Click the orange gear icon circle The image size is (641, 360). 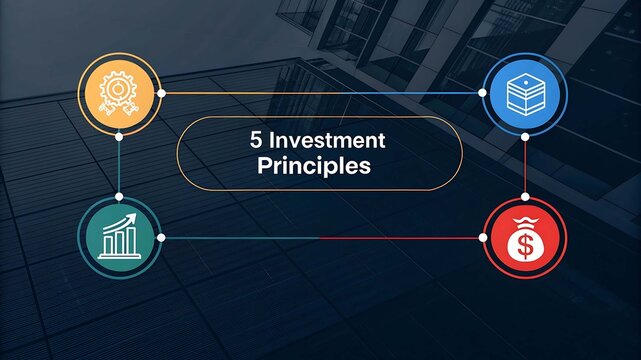click(119, 93)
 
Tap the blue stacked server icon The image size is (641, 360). click(524, 93)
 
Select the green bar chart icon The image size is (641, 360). click(119, 237)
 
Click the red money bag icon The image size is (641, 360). click(524, 238)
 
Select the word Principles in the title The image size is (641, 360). click(314, 165)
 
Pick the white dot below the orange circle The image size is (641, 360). click(119, 135)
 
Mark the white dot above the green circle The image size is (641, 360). click(119, 196)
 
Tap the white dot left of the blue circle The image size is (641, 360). click(482, 93)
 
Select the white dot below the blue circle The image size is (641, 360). click(524, 135)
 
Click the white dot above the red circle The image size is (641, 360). click(524, 196)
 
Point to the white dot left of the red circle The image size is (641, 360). click(482, 238)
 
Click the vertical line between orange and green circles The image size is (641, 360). click(119, 166)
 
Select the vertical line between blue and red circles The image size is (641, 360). click(524, 166)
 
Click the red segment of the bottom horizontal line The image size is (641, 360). click(400, 238)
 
